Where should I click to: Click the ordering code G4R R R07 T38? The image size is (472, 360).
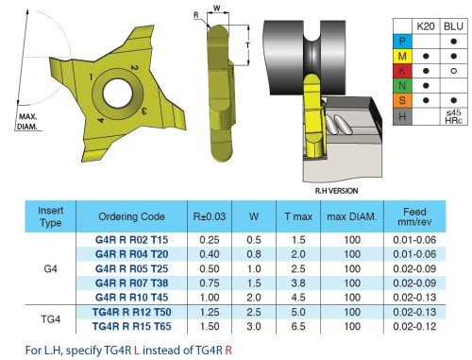pyautogui.click(x=131, y=283)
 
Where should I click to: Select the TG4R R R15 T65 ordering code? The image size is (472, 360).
pyautogui.click(x=131, y=326)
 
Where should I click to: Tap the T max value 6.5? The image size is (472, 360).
pyautogui.click(x=298, y=326)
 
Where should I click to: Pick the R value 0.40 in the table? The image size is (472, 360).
pyautogui.click(x=210, y=254)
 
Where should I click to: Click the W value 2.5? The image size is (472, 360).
pyautogui.click(x=254, y=312)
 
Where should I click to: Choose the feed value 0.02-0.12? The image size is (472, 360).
pyautogui.click(x=414, y=326)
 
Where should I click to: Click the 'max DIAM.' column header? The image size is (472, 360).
pyautogui.click(x=352, y=216)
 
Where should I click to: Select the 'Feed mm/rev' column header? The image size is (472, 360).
pyautogui.click(x=414, y=216)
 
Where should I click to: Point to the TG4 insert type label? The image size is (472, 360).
pyautogui.click(x=50, y=319)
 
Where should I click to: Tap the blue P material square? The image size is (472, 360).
pyautogui.click(x=402, y=42)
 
